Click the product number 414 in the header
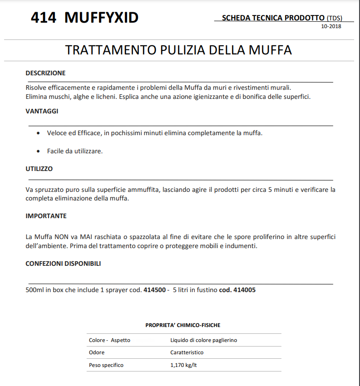tap(44, 18)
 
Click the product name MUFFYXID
tap(102, 18)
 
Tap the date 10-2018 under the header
tap(331, 26)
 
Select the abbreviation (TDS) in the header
tap(334, 18)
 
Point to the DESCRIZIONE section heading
tap(45, 73)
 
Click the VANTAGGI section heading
tap(42, 111)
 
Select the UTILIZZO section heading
tap(39, 169)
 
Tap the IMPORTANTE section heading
tap(46, 216)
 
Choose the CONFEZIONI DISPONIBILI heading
tap(63, 264)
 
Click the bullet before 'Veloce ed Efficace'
tap(38, 133)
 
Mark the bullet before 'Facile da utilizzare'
tap(38, 151)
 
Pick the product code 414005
tap(244, 290)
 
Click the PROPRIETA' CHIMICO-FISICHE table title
tap(182, 325)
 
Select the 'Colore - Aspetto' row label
tap(109, 340)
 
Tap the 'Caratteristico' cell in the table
tap(187, 352)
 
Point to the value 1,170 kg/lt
tap(183, 365)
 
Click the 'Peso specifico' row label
tap(106, 365)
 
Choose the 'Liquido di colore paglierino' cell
tap(203, 340)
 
